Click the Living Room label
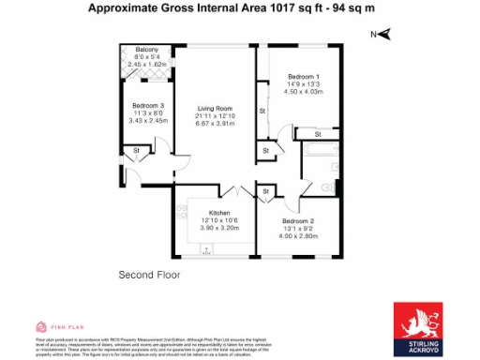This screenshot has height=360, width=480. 214,108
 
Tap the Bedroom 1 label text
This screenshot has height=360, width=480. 303,75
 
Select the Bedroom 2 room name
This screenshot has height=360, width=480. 298,220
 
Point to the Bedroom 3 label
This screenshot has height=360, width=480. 148,105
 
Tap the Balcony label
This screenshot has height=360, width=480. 146,49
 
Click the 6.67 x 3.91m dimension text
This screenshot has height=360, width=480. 214,123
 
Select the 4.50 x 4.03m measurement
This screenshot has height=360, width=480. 303,91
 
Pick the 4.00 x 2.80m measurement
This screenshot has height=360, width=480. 298,235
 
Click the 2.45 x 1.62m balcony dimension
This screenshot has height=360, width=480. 146,64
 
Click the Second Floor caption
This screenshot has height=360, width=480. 149,275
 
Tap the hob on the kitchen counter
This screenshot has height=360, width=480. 208,249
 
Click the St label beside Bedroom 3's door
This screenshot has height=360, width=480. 136,150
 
